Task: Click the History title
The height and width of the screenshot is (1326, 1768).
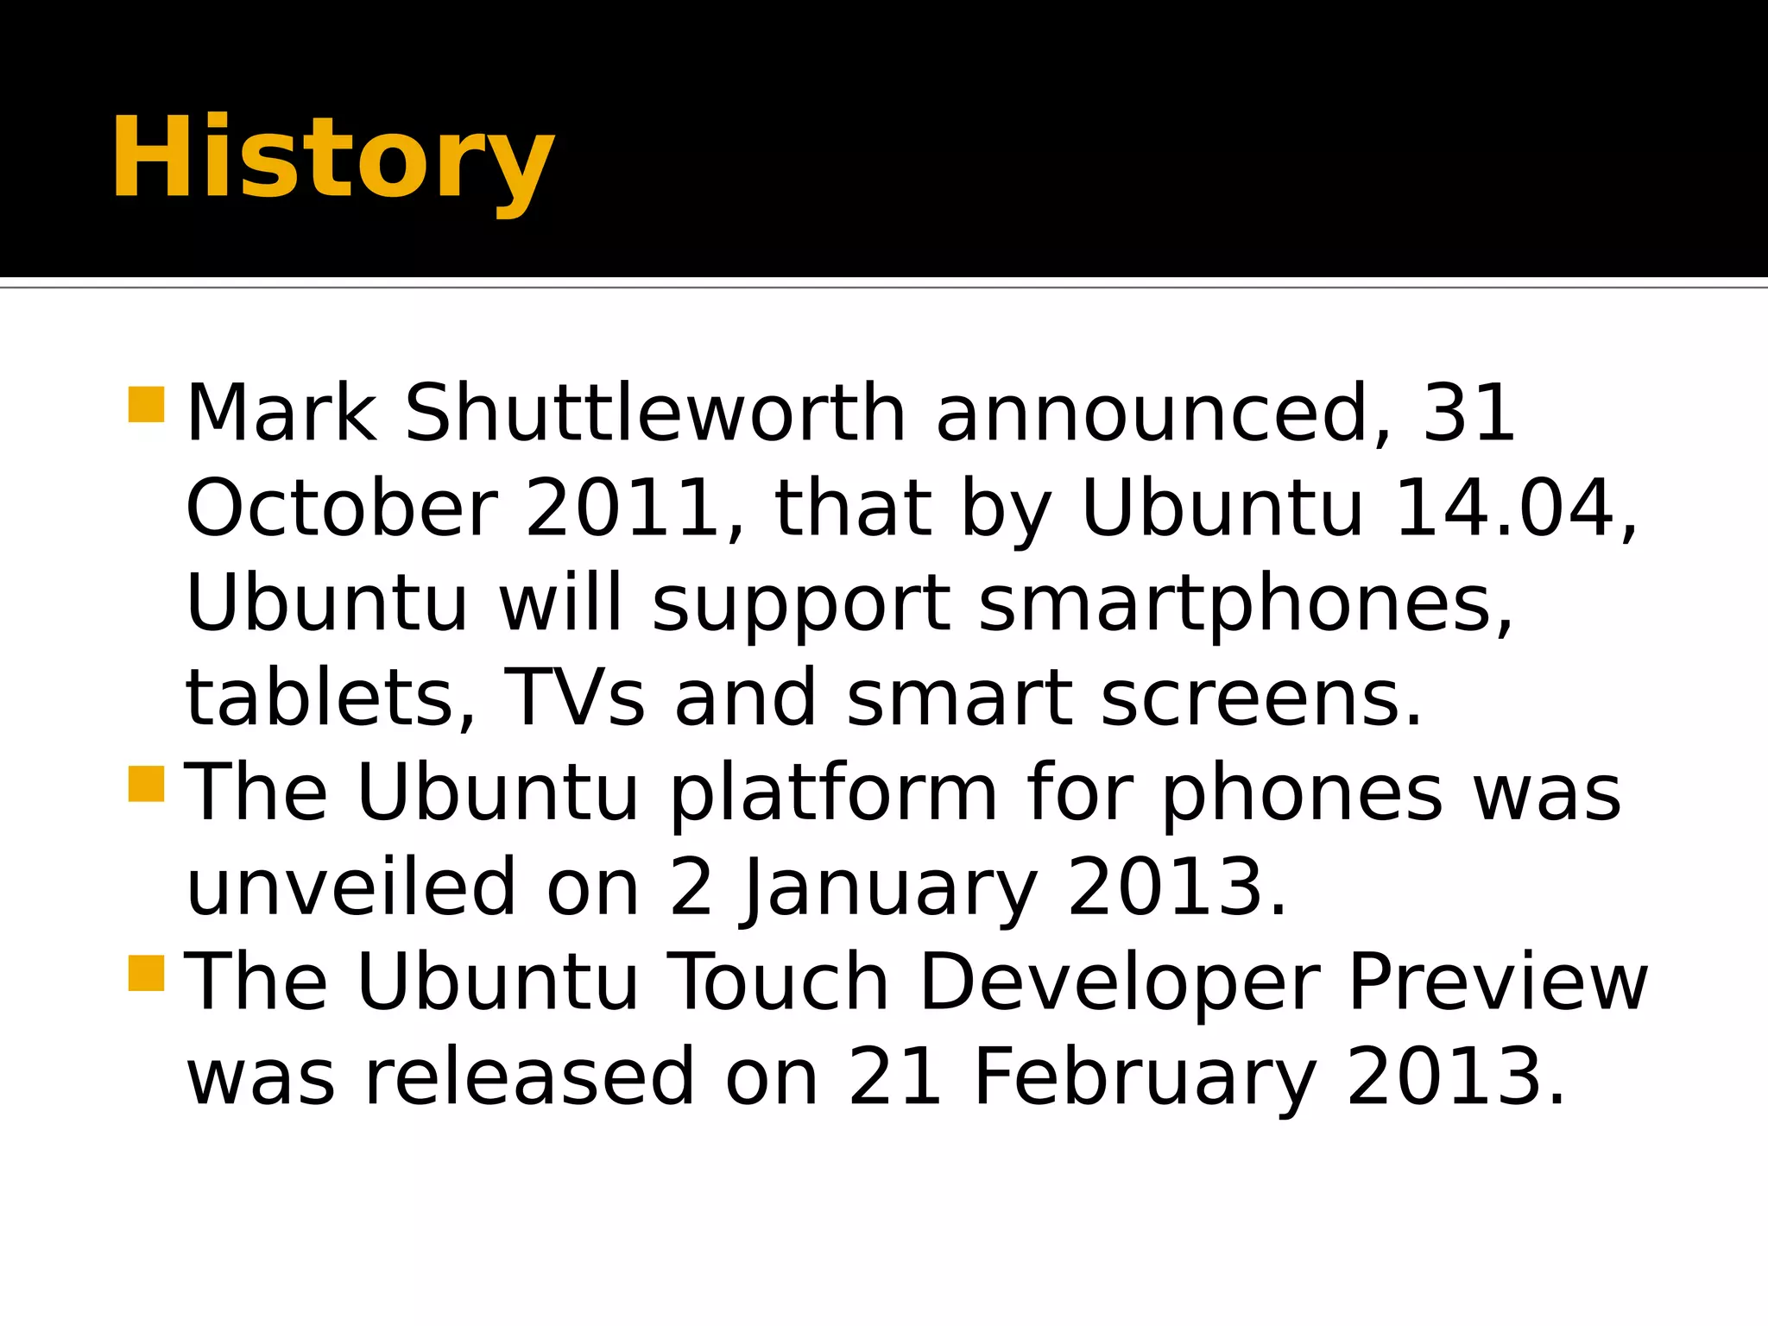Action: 332,160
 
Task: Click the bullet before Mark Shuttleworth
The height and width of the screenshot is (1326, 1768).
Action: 146,404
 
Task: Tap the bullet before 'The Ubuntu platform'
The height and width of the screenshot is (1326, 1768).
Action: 146,784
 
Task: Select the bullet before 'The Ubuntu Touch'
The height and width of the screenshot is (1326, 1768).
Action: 146,973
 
